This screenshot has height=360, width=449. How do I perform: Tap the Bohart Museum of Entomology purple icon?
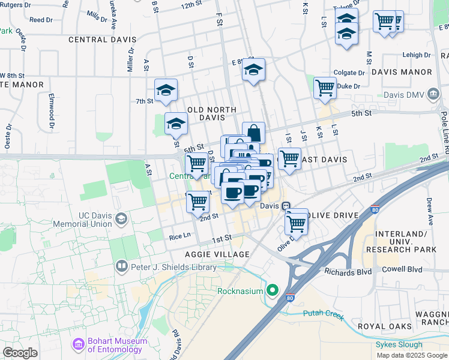pyautogui.click(x=78, y=345)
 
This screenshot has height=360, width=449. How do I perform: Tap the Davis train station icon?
pyautogui.click(x=287, y=205)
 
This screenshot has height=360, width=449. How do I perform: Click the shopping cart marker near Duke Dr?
pyautogui.click(x=325, y=88)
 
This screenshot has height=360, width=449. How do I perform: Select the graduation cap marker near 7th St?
pyautogui.click(x=166, y=91)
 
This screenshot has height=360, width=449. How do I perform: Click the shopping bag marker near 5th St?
pyautogui.click(x=253, y=133)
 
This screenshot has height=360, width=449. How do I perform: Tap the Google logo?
pyautogui.click(x=20, y=352)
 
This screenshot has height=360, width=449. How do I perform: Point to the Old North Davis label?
pyautogui.click(x=211, y=113)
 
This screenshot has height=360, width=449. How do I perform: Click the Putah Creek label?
pyautogui.click(x=324, y=313)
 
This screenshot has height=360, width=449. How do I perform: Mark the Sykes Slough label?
pyautogui.click(x=399, y=344)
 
